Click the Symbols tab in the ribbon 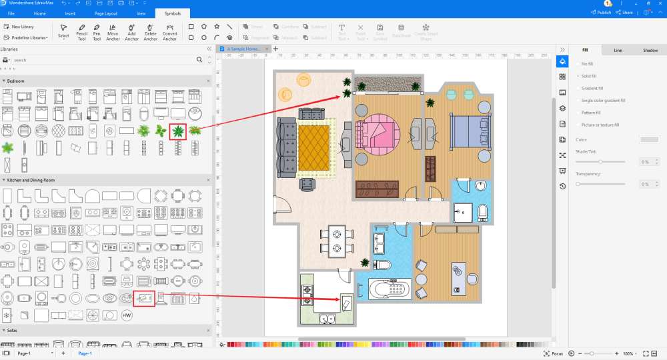point(172,13)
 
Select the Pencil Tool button point(81,31)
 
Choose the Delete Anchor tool point(151,31)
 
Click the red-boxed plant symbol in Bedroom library point(178,131)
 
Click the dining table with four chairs point(336,241)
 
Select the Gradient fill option point(591,88)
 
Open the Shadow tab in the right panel point(650,50)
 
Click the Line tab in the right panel point(618,50)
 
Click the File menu point(11,13)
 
